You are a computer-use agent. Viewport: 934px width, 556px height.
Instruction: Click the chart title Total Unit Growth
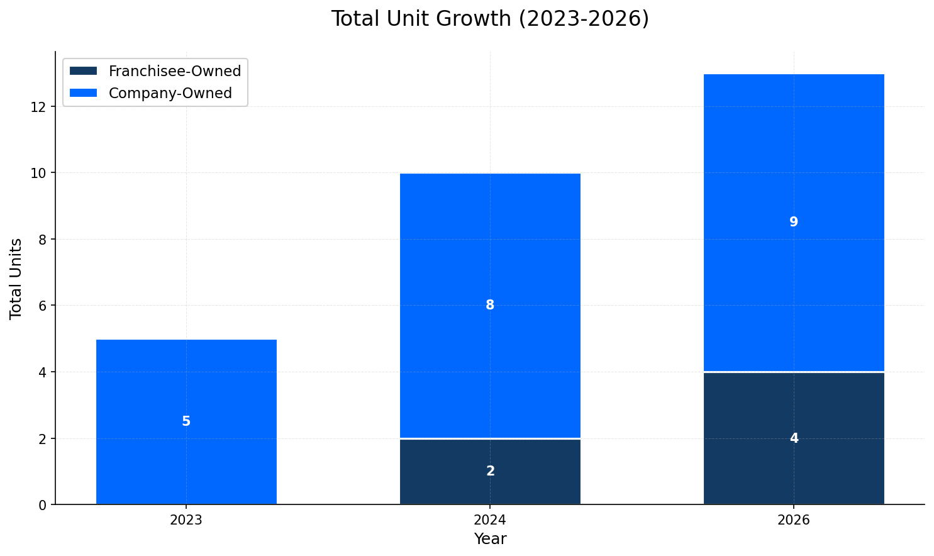click(x=489, y=19)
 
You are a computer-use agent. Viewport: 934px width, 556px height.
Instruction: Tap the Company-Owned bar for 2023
click(x=186, y=377)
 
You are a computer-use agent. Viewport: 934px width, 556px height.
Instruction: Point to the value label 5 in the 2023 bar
click(x=186, y=421)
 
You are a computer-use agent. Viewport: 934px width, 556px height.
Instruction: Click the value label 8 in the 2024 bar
click(x=490, y=305)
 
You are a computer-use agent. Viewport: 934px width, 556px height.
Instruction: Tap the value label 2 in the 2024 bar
click(x=490, y=471)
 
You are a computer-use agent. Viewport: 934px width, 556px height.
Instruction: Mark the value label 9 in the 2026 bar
click(x=794, y=222)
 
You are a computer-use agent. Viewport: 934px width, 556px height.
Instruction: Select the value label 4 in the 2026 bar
click(x=794, y=438)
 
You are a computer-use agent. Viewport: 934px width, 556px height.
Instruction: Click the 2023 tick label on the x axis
click(x=186, y=520)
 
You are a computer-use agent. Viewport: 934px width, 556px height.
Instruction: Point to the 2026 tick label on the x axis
click(x=794, y=520)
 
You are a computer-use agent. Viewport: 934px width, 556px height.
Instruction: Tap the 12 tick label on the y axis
click(x=39, y=107)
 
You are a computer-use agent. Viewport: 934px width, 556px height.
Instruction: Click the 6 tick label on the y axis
click(x=43, y=306)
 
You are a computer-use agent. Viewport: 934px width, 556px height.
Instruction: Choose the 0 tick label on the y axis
click(x=43, y=505)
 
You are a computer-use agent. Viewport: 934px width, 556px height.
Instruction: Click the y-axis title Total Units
click(x=16, y=278)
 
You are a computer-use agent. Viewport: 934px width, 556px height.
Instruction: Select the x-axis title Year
click(x=490, y=539)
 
